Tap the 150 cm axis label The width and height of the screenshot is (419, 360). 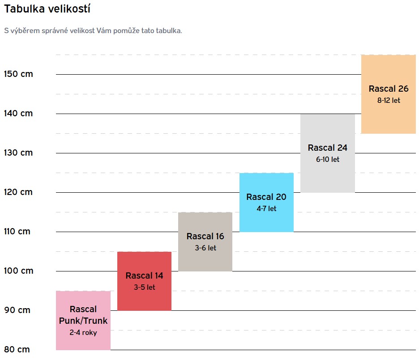pyautogui.click(x=18, y=74)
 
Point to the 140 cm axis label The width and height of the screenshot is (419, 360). pyautogui.click(x=18, y=114)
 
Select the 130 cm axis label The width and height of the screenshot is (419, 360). pyautogui.click(x=18, y=153)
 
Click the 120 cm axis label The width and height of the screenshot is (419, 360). pyautogui.click(x=18, y=192)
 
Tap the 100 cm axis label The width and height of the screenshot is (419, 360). pyautogui.click(x=18, y=271)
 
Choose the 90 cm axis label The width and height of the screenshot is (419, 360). pyautogui.click(x=17, y=310)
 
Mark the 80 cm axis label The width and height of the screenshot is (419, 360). pyautogui.click(x=17, y=350)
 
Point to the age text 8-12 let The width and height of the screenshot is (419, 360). pyautogui.click(x=389, y=101)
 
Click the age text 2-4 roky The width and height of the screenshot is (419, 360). pyautogui.click(x=83, y=333)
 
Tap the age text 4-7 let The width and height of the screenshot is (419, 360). pyautogui.click(x=266, y=209)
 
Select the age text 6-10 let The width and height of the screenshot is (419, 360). pyautogui.click(x=328, y=160)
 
